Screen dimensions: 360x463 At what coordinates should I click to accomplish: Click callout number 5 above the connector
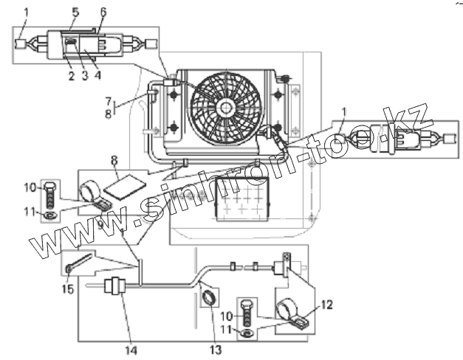pos(75,12)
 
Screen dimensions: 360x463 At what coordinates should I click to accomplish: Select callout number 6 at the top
pos(103,12)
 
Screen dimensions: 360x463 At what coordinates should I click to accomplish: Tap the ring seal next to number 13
pos(209,298)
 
